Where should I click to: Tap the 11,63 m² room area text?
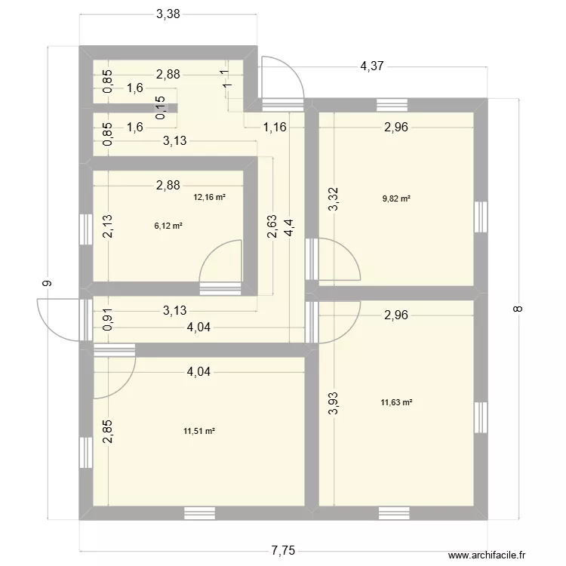click(396, 403)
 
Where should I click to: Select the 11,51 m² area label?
click(199, 432)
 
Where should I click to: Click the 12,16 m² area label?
click(210, 198)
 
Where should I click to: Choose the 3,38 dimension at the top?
click(169, 14)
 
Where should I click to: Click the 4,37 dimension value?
click(371, 66)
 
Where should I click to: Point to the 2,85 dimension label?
click(108, 431)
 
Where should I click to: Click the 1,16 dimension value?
click(274, 127)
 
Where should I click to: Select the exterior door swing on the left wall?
click(57, 319)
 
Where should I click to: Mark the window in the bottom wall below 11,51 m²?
click(199, 513)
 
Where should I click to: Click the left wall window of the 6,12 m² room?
click(85, 226)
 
